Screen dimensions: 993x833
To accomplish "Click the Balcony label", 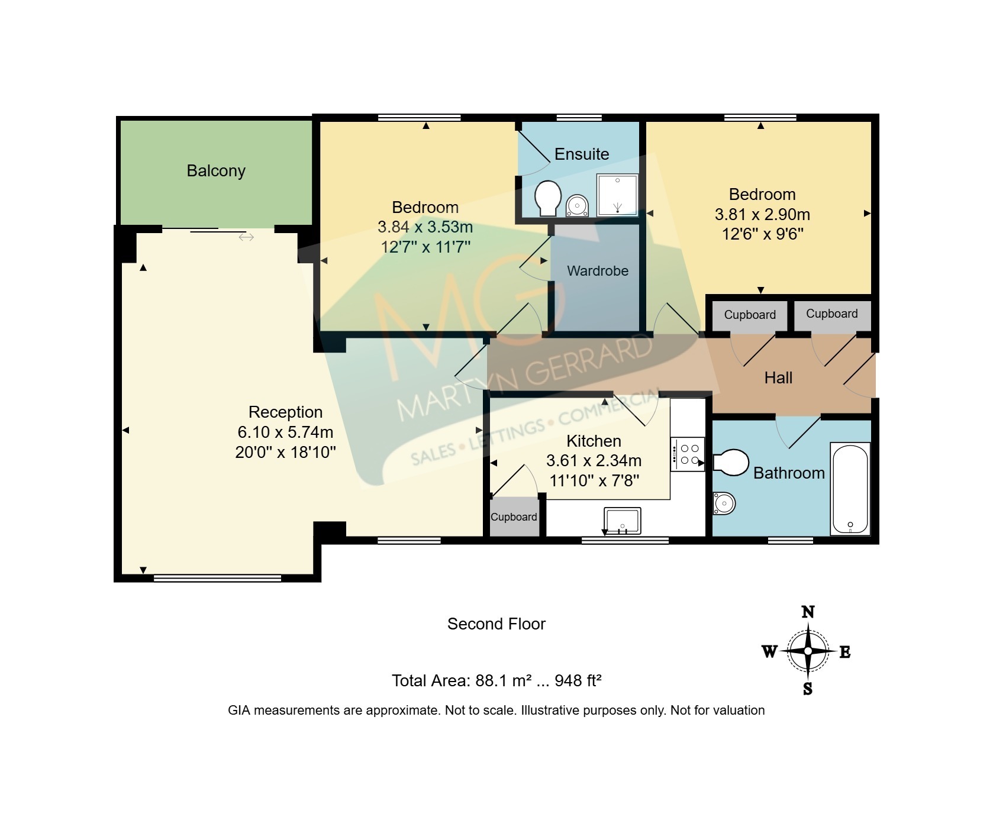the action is click(216, 171).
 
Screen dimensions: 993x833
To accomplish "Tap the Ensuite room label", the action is click(582, 154).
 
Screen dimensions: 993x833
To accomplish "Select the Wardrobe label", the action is click(598, 271).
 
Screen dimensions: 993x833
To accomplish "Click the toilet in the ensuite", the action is click(547, 198).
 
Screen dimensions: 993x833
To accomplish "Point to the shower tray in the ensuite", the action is click(617, 195).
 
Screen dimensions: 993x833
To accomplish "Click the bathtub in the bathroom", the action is click(850, 489).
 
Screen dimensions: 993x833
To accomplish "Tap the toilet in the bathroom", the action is click(731, 463).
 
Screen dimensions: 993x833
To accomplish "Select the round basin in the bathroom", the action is click(724, 504).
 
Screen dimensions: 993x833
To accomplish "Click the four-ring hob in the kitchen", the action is click(687, 454).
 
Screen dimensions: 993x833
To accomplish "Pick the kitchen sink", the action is click(622, 521).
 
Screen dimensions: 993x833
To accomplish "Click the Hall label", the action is click(778, 378).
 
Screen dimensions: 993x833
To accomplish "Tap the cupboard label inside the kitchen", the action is click(514, 517).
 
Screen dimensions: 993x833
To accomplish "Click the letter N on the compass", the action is click(808, 612).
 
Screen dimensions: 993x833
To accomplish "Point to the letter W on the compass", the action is click(769, 652).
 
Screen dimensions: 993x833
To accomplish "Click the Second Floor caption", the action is click(497, 624).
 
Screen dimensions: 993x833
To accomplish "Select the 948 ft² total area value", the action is click(578, 680).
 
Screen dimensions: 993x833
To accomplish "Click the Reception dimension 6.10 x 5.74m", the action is click(286, 432).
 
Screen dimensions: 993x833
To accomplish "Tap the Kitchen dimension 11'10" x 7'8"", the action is click(594, 480).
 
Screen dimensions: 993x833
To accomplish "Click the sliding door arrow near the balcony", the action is click(246, 237).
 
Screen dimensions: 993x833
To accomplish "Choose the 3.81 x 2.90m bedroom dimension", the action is click(762, 214).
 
